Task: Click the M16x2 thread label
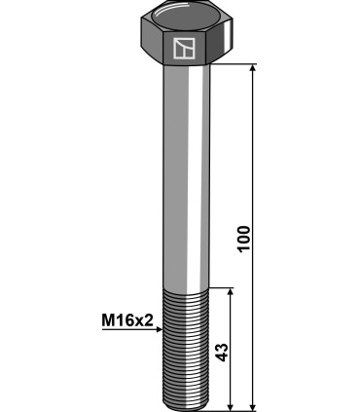(127, 318)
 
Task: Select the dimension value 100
(243, 238)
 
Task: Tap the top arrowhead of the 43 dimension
(231, 292)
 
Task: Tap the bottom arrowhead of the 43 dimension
(231, 405)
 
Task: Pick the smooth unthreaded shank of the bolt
(184, 175)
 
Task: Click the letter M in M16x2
(106, 318)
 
